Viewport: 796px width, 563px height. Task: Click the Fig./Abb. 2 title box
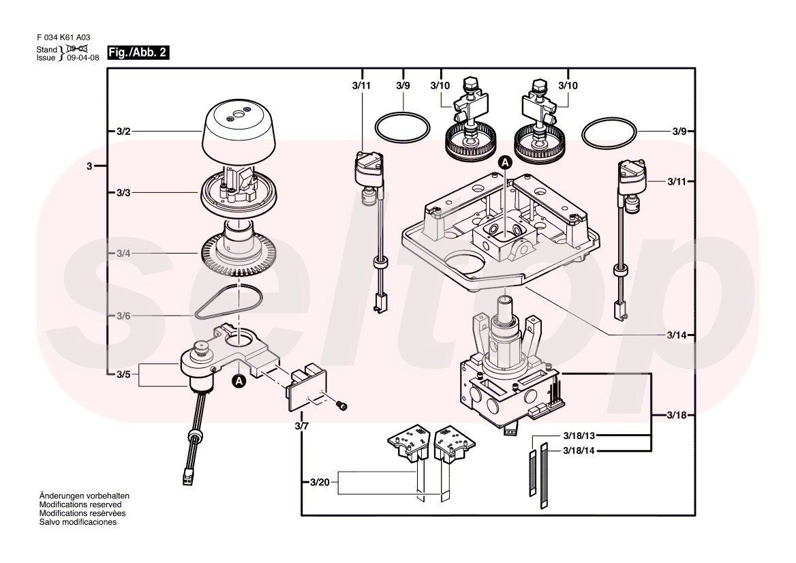click(138, 53)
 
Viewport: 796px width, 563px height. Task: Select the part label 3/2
click(123, 130)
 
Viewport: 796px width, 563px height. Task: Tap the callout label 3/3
click(123, 193)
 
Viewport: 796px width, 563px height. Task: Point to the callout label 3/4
click(123, 254)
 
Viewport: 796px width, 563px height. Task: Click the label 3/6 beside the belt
click(123, 316)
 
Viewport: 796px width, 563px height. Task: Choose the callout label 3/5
click(123, 374)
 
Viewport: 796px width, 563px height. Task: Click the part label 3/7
click(302, 426)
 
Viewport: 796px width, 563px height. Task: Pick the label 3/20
click(320, 483)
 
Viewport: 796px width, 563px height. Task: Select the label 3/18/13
click(579, 435)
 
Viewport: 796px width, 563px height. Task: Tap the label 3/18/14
click(579, 451)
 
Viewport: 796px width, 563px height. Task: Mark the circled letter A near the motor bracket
click(239, 381)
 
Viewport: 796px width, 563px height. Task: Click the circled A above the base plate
click(505, 162)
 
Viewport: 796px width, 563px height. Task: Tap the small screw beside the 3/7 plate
click(343, 406)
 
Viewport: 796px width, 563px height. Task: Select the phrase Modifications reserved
click(80, 504)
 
